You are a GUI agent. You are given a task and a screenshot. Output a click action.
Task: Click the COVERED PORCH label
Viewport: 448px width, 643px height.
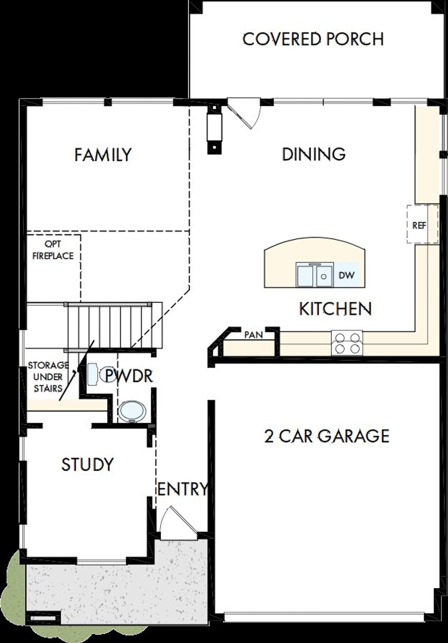click(x=313, y=39)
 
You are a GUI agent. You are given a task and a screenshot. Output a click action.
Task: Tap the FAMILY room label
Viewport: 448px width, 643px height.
click(x=103, y=155)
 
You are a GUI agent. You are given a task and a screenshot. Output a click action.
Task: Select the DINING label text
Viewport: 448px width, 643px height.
click(x=314, y=154)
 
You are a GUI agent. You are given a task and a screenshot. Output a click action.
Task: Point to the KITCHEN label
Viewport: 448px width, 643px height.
click(x=335, y=309)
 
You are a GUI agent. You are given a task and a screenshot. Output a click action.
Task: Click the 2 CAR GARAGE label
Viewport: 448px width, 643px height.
click(x=327, y=436)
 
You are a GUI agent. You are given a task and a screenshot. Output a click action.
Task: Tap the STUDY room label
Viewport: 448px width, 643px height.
click(x=87, y=464)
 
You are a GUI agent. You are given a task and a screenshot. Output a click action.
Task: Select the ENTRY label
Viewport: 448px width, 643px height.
click(x=182, y=489)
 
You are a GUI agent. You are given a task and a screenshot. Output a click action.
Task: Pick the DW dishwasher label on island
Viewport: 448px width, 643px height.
click(x=346, y=275)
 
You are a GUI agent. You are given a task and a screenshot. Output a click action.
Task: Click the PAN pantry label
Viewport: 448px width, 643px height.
click(x=253, y=335)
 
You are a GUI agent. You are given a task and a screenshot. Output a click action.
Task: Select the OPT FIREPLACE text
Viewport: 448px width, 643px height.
click(x=53, y=250)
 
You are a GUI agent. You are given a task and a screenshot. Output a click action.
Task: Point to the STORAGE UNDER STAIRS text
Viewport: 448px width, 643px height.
click(x=48, y=377)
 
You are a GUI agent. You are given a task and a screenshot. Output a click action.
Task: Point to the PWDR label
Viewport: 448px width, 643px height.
click(x=129, y=375)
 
